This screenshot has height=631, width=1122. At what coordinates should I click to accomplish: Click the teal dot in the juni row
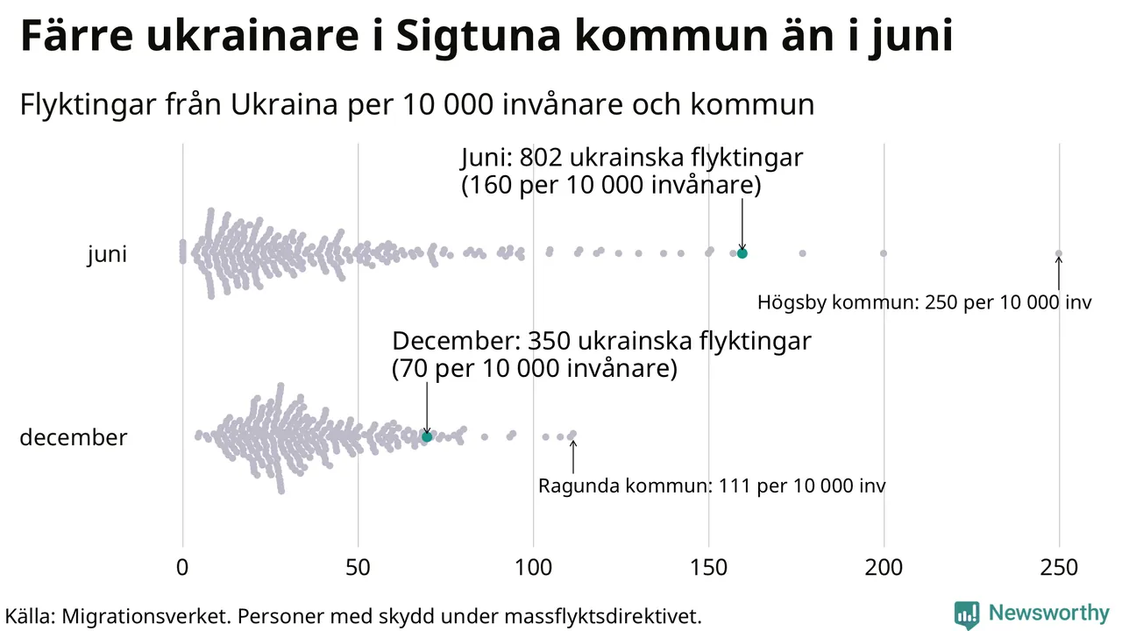click(742, 253)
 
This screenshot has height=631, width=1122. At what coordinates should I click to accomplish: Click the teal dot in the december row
click(427, 436)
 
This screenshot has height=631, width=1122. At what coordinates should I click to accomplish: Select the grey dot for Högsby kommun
click(1058, 253)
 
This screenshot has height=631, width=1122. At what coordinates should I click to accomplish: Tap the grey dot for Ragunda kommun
click(572, 434)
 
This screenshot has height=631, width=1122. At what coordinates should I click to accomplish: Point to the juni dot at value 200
click(883, 253)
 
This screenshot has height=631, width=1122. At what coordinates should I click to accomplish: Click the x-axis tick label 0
click(182, 568)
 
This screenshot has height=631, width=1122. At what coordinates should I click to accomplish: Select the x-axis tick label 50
click(358, 568)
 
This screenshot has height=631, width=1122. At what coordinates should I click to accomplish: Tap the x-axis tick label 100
click(533, 568)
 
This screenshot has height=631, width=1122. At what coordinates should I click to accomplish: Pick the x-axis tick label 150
click(708, 568)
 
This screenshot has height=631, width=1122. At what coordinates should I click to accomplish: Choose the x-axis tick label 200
click(884, 568)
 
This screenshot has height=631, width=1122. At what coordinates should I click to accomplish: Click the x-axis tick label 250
click(1059, 568)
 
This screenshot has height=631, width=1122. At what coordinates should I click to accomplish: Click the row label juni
click(107, 255)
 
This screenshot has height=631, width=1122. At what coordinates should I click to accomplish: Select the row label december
click(73, 437)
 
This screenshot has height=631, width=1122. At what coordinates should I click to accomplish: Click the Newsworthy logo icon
click(966, 613)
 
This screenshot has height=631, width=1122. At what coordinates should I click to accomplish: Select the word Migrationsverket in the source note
click(145, 616)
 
